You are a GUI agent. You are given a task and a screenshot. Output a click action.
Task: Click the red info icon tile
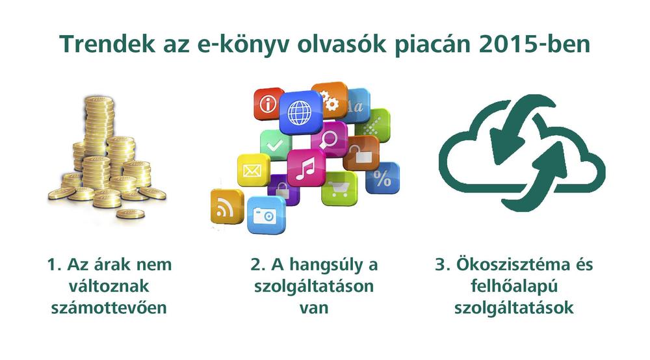pos(268,103)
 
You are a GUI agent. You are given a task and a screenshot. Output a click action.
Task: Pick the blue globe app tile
pos(300,112)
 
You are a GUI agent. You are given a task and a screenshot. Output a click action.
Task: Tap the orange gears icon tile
pos(330,99)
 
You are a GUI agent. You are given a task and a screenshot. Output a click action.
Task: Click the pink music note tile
pos(305,168)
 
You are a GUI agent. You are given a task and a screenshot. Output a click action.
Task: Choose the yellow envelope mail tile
pos(253,170)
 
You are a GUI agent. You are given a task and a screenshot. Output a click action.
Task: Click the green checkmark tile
pos(275,144)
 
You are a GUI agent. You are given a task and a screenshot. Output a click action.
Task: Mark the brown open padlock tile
pos(361,153)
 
